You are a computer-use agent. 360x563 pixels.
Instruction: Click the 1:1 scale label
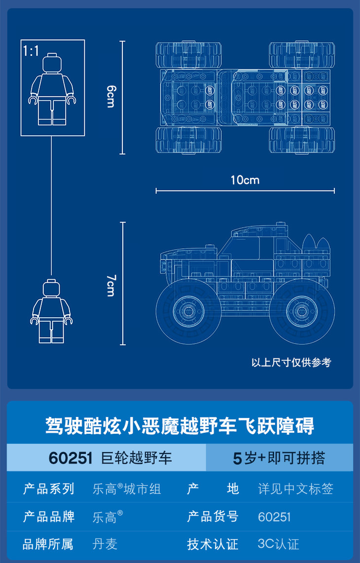click(31, 51)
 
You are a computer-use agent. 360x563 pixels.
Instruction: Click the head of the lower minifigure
click(52, 289)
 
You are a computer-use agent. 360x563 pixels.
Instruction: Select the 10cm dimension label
click(245, 180)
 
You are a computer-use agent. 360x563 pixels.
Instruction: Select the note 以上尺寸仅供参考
click(291, 363)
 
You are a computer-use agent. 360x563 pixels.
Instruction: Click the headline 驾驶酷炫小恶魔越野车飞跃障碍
click(180, 426)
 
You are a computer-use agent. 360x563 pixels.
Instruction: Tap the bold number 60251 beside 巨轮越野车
click(71, 458)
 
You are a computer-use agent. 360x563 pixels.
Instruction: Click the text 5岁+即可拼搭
click(279, 458)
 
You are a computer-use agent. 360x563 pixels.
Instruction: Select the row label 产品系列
click(48, 489)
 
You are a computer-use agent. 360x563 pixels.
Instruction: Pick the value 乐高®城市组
click(127, 489)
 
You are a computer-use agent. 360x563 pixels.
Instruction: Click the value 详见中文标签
click(296, 489)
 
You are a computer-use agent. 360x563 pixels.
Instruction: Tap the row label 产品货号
click(213, 517)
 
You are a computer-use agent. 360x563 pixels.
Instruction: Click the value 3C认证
click(278, 544)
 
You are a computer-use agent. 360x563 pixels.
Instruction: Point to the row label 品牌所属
click(48, 544)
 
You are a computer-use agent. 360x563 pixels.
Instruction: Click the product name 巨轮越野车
click(136, 458)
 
